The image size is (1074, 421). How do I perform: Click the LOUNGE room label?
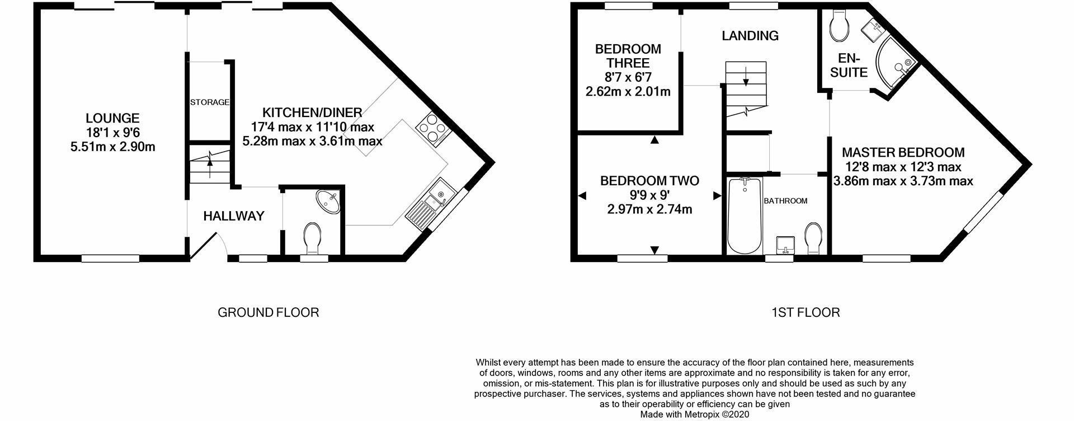coord(112,118)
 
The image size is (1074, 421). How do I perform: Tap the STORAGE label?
coord(210,102)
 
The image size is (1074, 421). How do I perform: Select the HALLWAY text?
coord(233,216)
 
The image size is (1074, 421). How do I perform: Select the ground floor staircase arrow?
coord(210,163)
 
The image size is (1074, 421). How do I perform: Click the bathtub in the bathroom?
coord(745,215)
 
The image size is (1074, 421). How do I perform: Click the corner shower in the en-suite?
coord(894,64)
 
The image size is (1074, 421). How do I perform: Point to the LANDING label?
coord(750,36)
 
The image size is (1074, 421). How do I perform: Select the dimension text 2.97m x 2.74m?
coord(649,210)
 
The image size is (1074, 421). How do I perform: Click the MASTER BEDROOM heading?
coord(903,152)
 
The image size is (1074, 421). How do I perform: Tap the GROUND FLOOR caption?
coord(268,312)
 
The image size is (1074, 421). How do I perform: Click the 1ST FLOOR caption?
coord(805,312)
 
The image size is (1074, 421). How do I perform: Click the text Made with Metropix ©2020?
coord(694,415)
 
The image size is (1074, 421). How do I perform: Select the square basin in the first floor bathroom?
coord(785,245)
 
